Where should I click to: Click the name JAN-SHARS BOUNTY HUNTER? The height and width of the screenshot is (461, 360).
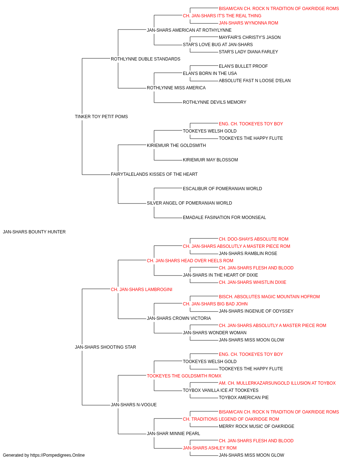[x=34, y=232]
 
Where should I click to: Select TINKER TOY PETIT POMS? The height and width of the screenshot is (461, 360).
[x=102, y=117]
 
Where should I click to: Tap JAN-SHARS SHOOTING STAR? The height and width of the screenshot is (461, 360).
[x=105, y=347]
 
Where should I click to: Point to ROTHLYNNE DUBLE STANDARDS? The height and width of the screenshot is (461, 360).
[x=145, y=59]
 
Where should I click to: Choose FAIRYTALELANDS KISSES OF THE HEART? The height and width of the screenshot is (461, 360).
[x=154, y=174]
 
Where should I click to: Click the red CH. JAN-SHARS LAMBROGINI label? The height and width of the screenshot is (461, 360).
[x=141, y=290]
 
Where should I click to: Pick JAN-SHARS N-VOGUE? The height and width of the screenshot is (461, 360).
[x=134, y=405]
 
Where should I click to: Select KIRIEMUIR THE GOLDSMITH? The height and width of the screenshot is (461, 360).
[x=176, y=146]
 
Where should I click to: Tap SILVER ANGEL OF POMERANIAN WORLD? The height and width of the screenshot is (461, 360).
[x=189, y=203]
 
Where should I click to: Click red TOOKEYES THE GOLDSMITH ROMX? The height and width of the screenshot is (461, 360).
[x=184, y=376]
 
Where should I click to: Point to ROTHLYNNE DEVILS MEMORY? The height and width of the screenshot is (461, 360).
[x=214, y=102]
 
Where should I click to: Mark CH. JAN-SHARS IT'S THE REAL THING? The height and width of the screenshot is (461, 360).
[x=222, y=16]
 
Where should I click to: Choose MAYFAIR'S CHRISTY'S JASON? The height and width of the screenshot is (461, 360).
[x=249, y=37]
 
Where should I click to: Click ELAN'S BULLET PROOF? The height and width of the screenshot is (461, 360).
[x=243, y=66]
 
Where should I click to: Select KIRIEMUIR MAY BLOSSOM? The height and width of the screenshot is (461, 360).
[x=210, y=160]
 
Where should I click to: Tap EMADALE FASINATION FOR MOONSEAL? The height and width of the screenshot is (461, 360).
[x=224, y=218]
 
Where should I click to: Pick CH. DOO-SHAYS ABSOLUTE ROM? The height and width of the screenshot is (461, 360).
[x=253, y=239]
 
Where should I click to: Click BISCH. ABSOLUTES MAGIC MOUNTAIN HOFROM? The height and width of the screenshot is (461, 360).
[x=269, y=297]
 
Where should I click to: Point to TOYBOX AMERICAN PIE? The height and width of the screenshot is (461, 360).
[x=244, y=398]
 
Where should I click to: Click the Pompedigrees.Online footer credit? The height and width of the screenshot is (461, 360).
[x=44, y=455]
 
